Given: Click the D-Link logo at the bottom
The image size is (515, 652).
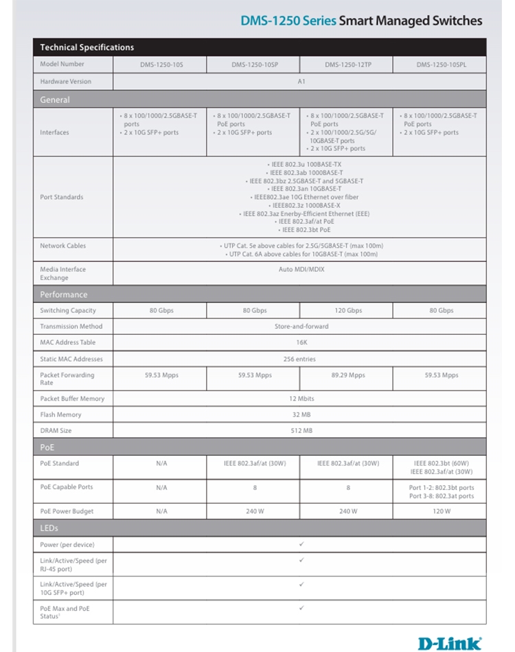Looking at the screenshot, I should [x=450, y=643].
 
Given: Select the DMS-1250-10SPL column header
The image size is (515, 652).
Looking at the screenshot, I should [x=439, y=65].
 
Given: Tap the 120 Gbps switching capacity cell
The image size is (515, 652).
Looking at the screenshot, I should [x=348, y=311].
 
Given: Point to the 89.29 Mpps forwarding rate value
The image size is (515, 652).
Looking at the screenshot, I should [x=348, y=375].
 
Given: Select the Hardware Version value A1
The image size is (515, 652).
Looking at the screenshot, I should [x=301, y=82].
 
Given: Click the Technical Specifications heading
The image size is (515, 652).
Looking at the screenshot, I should [x=87, y=47].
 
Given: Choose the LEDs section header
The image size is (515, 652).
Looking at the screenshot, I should [x=49, y=528].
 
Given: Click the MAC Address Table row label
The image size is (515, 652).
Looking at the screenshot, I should [x=67, y=342].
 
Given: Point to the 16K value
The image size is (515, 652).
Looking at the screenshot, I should [x=301, y=342].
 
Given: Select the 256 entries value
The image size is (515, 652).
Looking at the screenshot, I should [x=301, y=359].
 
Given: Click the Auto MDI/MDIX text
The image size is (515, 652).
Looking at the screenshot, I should [x=301, y=270].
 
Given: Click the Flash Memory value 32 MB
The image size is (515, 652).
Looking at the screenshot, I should [x=301, y=415].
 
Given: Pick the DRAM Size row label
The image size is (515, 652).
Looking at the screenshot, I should [x=56, y=431].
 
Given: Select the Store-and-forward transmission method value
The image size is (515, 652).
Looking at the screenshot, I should [x=301, y=327].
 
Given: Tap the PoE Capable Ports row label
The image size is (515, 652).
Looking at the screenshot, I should [x=67, y=487].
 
